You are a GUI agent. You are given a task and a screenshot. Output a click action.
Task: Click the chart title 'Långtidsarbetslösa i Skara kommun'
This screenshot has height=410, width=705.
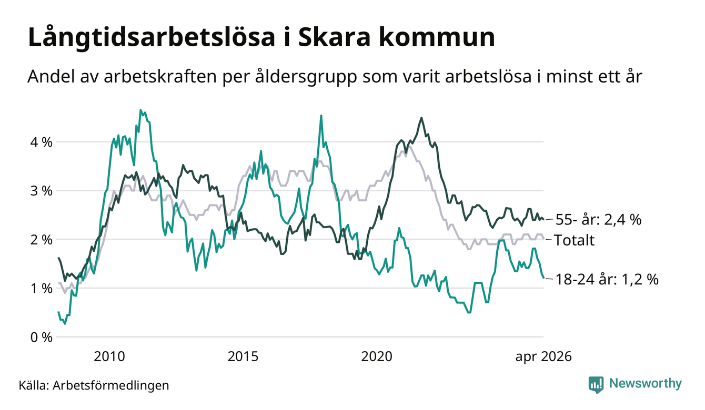(x=261, y=38)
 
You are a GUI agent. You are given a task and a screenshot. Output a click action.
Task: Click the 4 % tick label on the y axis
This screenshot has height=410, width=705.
(x=41, y=142)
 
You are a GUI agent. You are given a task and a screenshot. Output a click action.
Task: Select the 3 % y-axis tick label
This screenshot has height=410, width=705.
(x=41, y=191)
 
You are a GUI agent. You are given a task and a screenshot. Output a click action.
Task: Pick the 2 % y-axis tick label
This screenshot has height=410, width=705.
(x=41, y=240)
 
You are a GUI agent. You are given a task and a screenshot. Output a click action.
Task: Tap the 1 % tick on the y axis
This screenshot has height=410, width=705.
(x=41, y=289)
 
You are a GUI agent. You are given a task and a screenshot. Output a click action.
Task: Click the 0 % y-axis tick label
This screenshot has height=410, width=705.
(x=41, y=337)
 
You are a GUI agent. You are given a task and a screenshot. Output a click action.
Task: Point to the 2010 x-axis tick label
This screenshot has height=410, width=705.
(x=109, y=356)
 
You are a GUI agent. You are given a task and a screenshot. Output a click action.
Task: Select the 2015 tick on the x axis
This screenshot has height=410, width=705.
(x=243, y=356)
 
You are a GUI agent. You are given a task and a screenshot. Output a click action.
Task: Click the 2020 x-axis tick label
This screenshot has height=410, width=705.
(x=377, y=356)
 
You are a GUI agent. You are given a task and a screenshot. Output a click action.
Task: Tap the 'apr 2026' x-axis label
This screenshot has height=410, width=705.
(x=543, y=356)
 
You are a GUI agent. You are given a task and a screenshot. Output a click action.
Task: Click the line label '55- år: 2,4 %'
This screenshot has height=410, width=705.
(x=598, y=220)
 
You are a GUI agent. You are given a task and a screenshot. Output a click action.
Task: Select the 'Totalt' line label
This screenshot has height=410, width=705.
(x=574, y=240)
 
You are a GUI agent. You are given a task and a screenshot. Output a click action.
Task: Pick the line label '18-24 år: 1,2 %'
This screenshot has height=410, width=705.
(x=607, y=279)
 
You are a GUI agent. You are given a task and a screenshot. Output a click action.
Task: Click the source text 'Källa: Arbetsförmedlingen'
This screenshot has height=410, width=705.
(x=94, y=385)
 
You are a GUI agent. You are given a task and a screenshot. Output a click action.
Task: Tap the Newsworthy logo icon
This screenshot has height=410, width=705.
(x=596, y=385)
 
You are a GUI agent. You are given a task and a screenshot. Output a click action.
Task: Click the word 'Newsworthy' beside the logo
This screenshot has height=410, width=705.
(x=646, y=384)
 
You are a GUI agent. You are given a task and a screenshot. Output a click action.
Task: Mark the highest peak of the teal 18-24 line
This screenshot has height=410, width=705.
(x=140, y=110)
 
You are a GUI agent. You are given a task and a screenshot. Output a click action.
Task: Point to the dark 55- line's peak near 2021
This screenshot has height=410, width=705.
(x=421, y=118)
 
